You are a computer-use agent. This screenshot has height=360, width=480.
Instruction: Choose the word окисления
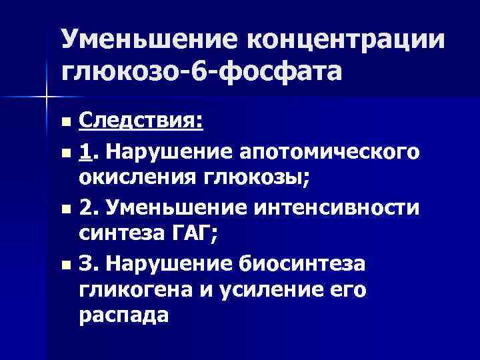[131, 179]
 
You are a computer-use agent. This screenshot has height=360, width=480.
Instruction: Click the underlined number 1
[84, 152]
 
